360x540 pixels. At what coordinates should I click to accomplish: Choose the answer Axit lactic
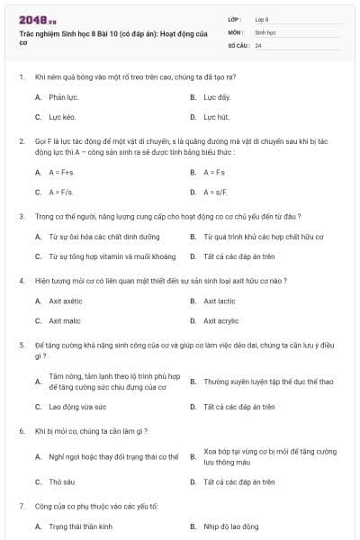coord(219,301)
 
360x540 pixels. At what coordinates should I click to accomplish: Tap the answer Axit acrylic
coord(220,320)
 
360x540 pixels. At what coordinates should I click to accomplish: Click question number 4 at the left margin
coord(22,280)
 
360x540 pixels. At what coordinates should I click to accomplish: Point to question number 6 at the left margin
coord(22,431)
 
